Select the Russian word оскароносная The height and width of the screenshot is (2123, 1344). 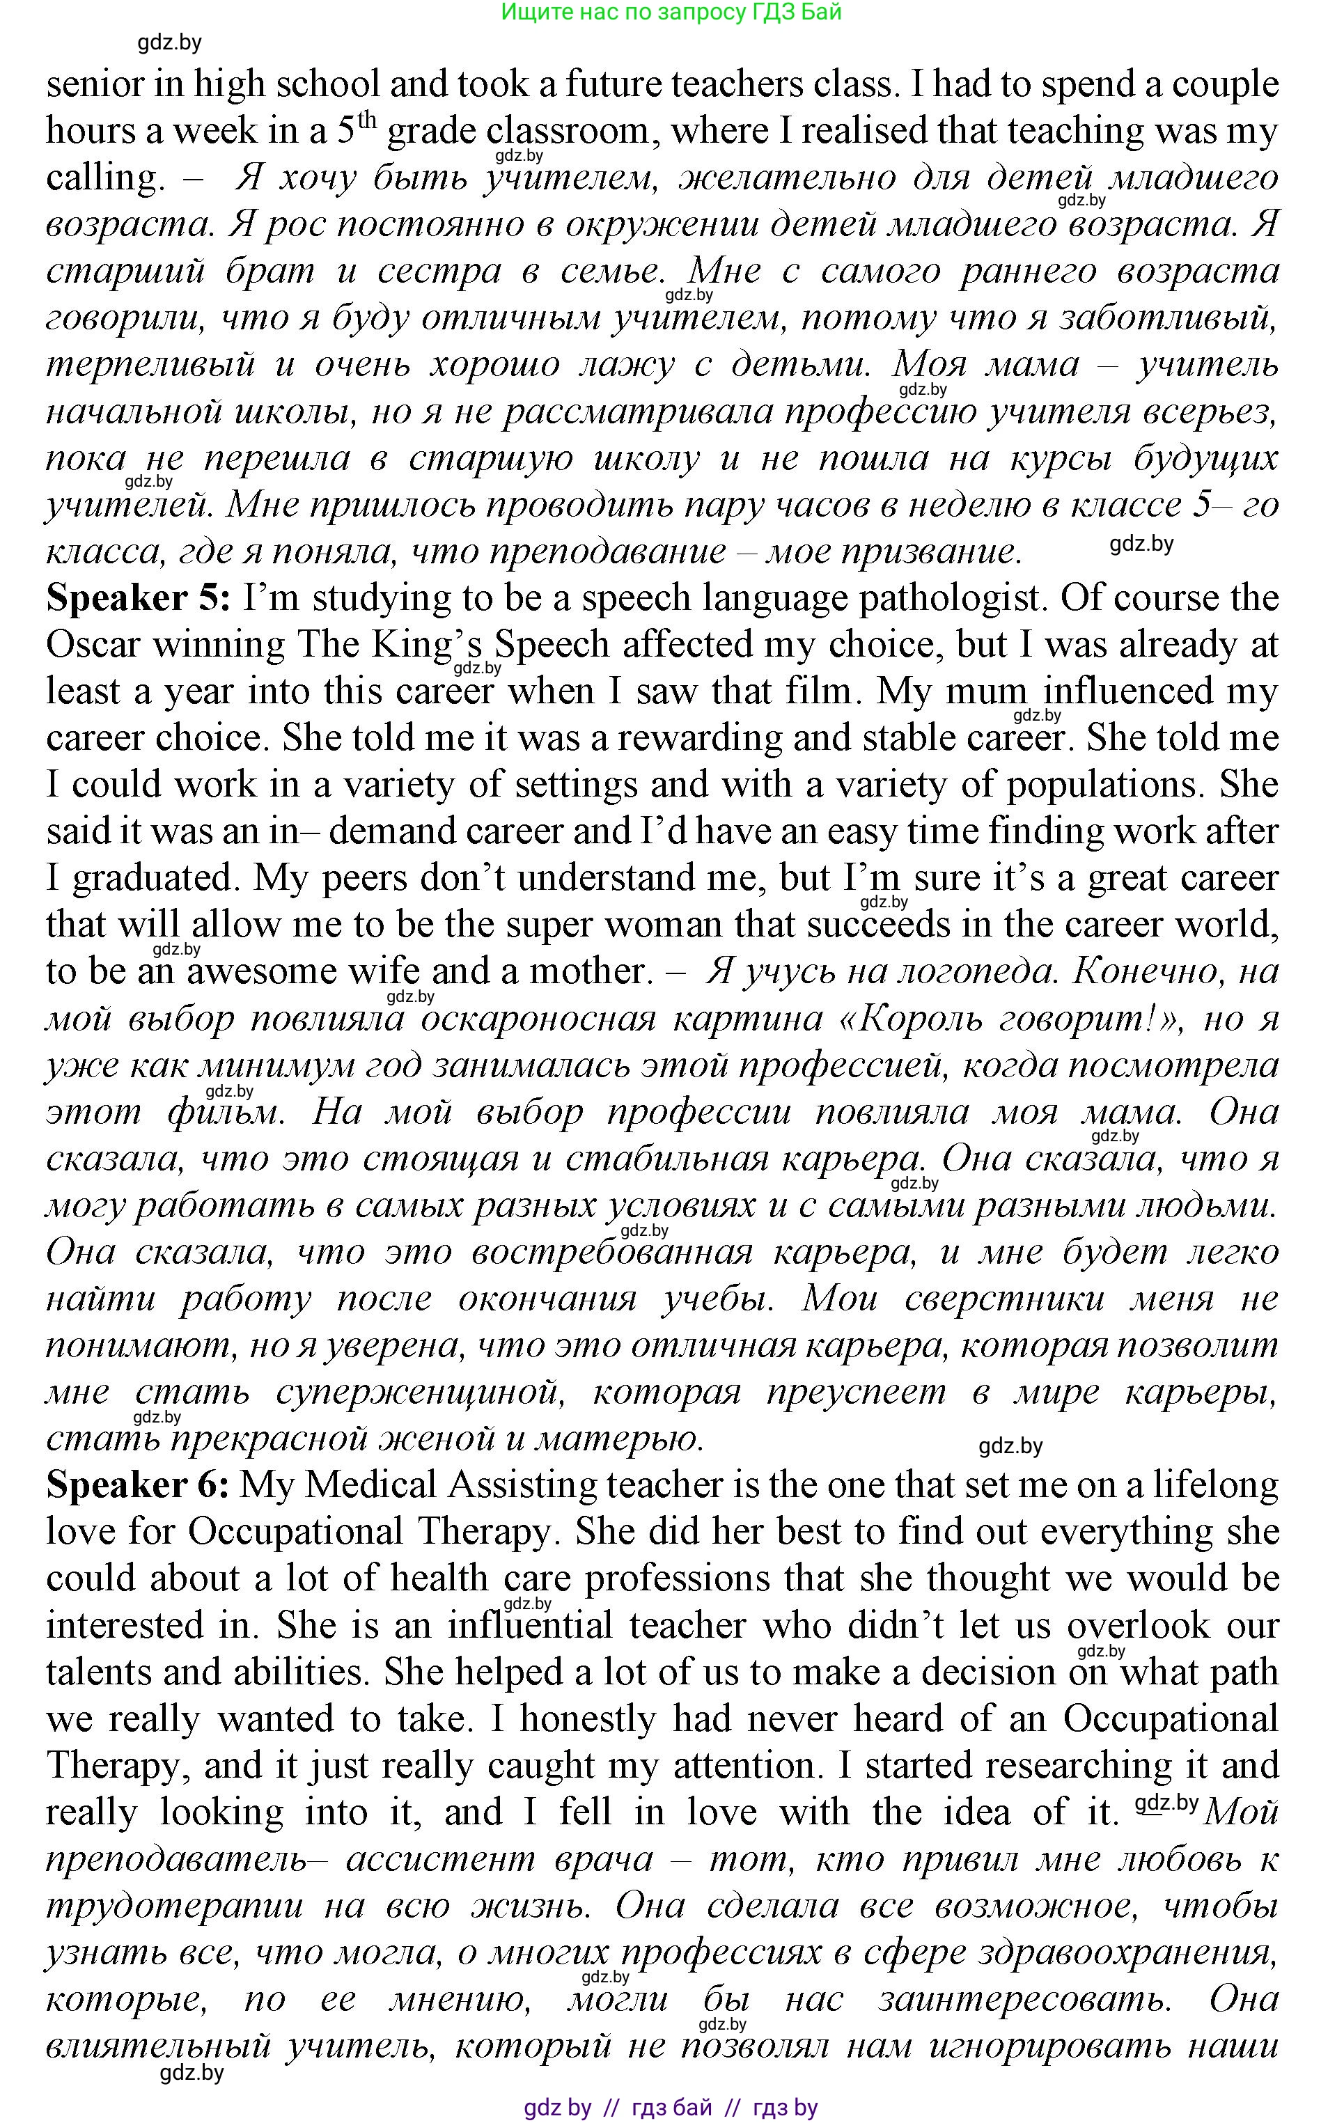pyautogui.click(x=539, y=1019)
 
